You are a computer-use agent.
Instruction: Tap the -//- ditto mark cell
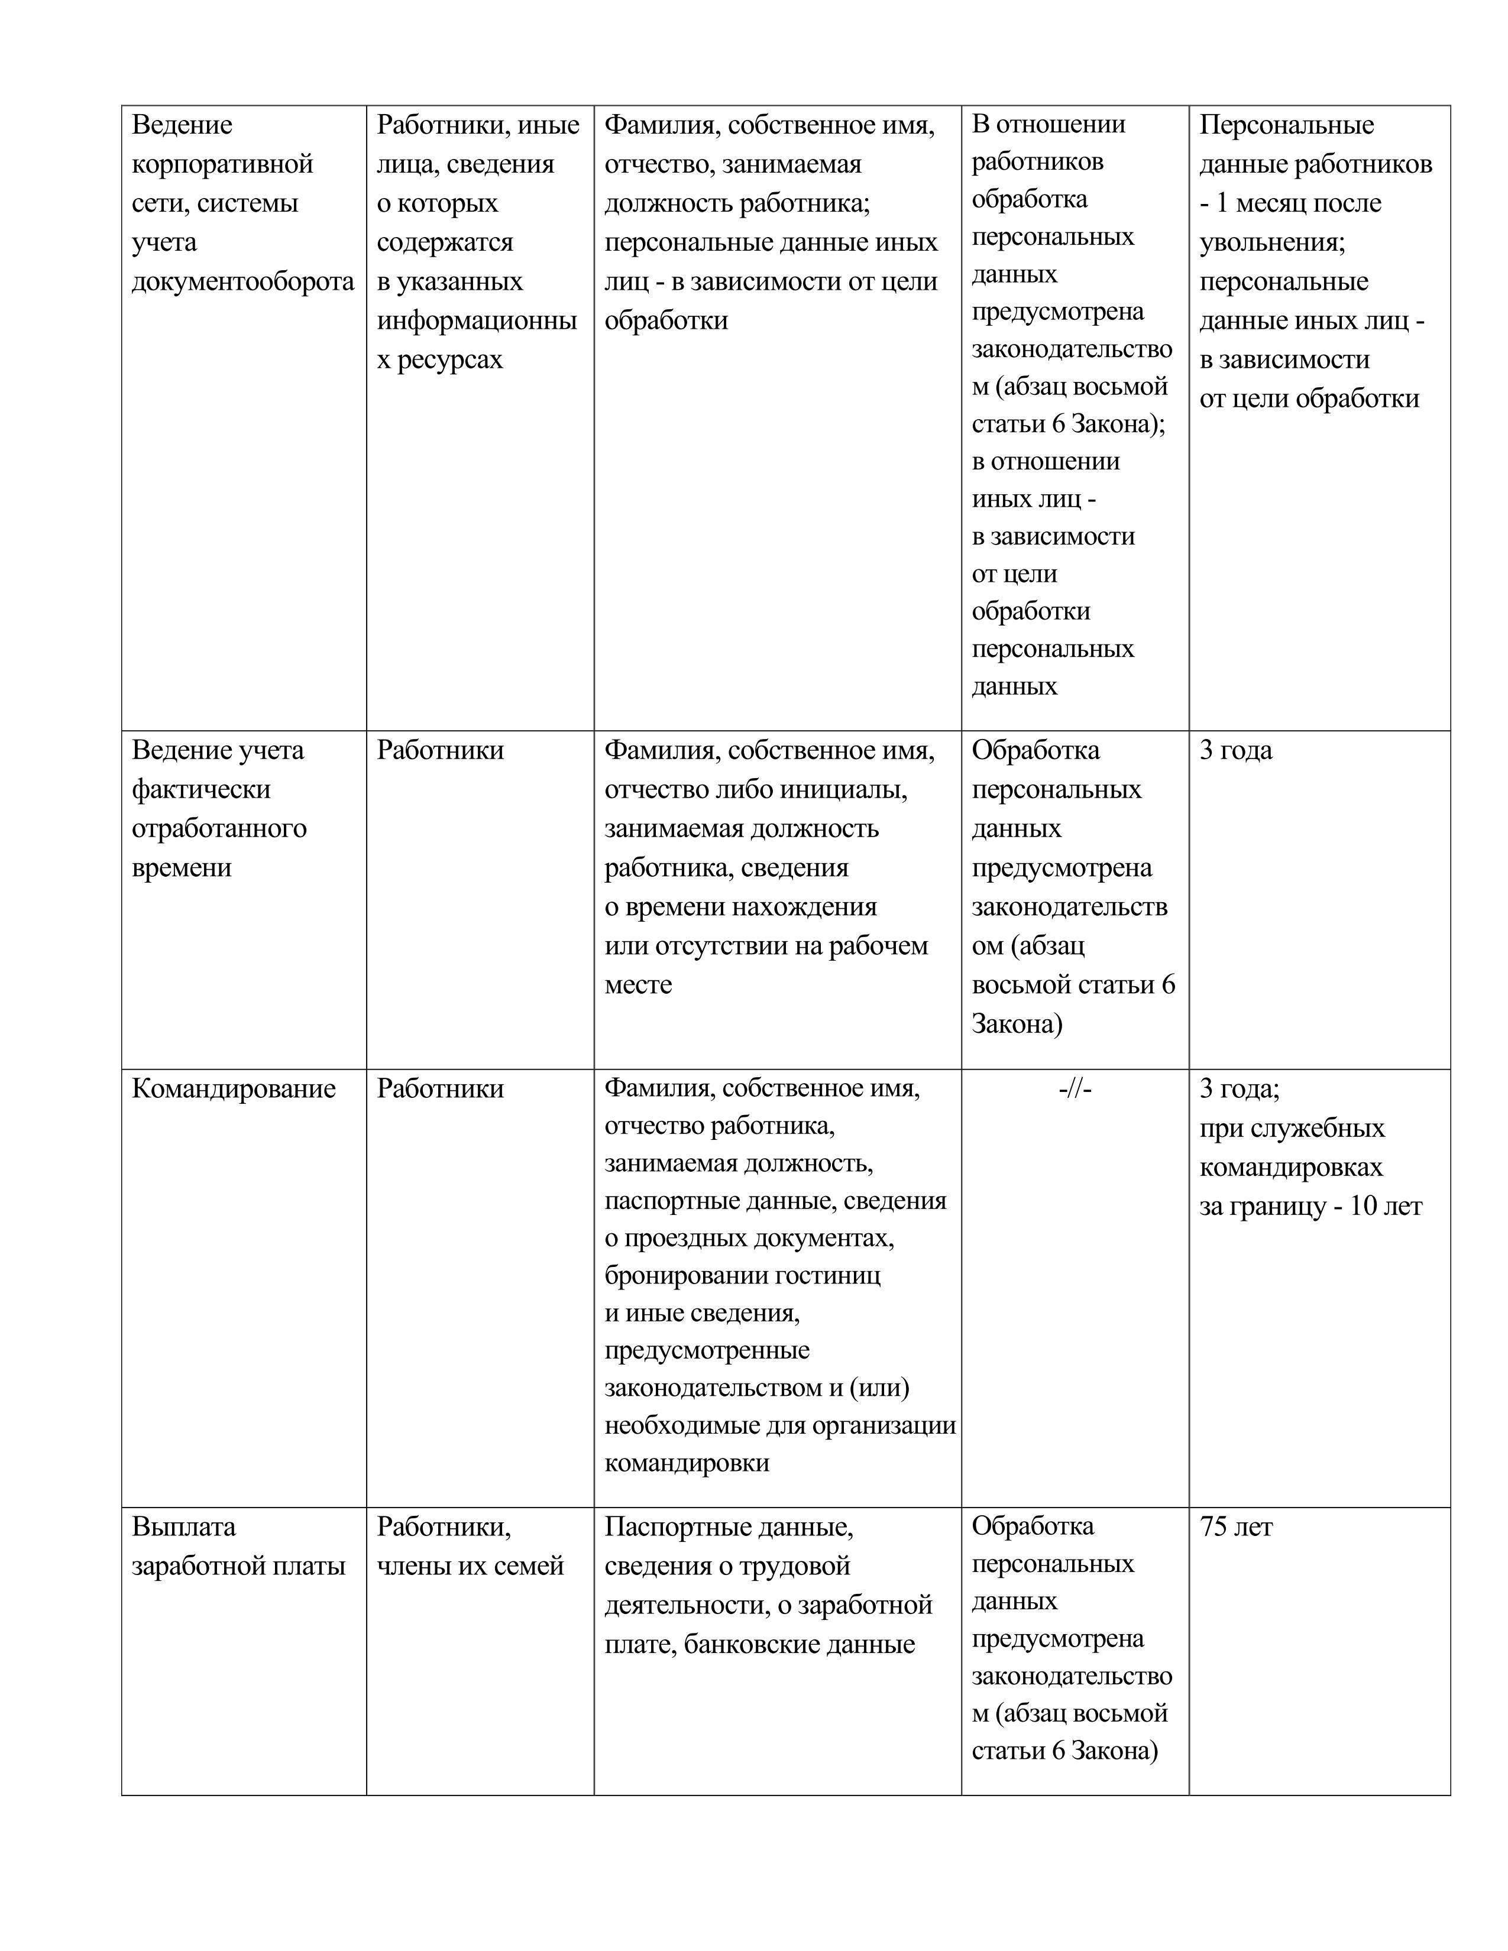(1075, 1088)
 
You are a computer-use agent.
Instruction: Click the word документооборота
(243, 281)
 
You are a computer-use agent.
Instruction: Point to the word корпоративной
(222, 164)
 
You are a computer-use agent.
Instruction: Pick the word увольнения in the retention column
(1271, 242)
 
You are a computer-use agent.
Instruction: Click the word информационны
(476, 320)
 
